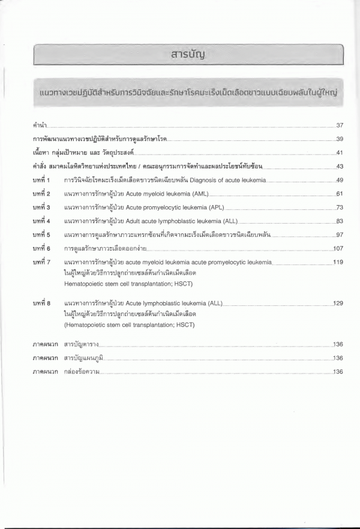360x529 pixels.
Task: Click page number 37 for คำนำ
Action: pyautogui.click(x=339, y=125)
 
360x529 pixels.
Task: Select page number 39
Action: pyautogui.click(x=339, y=139)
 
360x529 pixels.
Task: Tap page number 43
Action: pyautogui.click(x=339, y=166)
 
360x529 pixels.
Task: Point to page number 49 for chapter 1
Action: pyautogui.click(x=339, y=180)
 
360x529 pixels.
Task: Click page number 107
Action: pyautogui.click(x=338, y=248)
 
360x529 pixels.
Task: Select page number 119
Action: pyautogui.click(x=338, y=262)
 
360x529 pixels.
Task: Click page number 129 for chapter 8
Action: pyautogui.click(x=338, y=303)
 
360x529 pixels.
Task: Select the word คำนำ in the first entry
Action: pyautogui.click(x=40, y=126)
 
